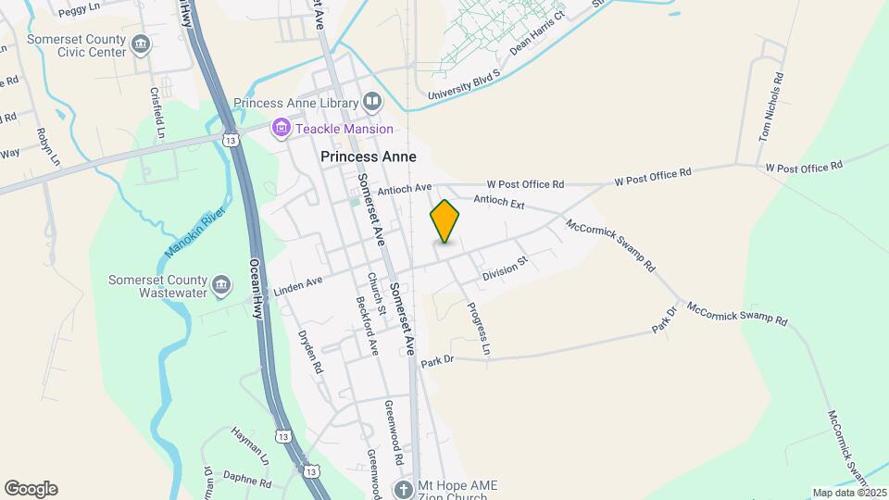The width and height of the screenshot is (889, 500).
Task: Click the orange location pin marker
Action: [444, 221]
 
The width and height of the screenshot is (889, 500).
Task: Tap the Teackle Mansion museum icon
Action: [280, 129]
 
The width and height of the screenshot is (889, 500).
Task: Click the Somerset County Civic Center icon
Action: [141, 44]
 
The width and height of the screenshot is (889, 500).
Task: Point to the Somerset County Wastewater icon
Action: [221, 286]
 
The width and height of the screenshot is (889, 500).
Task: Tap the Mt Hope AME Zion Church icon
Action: [403, 489]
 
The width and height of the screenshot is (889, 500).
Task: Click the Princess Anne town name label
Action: [368, 157]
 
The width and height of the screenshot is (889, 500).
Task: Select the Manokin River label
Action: [195, 233]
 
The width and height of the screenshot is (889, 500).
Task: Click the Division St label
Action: [504, 269]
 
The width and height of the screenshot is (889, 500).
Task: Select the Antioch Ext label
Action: [499, 201]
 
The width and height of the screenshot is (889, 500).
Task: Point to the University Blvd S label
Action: [464, 84]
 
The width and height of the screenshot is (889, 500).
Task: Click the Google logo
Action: [31, 489]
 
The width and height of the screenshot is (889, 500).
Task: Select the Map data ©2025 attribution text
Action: [848, 493]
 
